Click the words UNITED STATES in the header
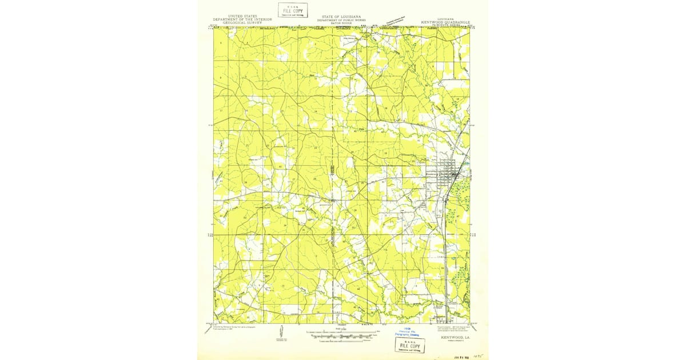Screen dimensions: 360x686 [242, 16]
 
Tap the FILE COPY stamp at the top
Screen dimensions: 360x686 [292, 10]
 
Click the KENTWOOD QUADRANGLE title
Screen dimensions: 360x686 [446, 22]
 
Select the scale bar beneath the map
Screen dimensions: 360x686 [343, 337]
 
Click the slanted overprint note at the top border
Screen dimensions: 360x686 [398, 22]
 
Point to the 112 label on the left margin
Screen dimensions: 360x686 [209, 234]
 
